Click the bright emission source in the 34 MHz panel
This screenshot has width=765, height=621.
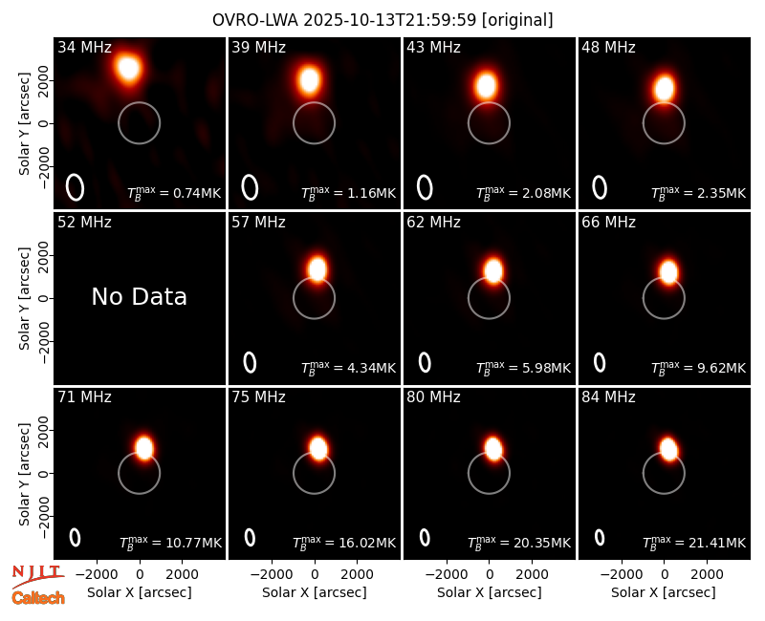pyautogui.click(x=129, y=68)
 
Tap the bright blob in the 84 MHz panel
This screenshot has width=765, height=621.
pyautogui.click(x=668, y=449)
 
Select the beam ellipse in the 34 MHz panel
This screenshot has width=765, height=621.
pyautogui.click(x=76, y=187)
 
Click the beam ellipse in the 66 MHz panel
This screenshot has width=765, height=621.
pyautogui.click(x=600, y=362)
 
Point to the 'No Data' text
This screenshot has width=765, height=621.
pyautogui.click(x=139, y=297)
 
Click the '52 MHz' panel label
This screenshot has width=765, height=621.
pyautogui.click(x=84, y=223)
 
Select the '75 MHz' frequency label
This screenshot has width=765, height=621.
pyautogui.click(x=258, y=397)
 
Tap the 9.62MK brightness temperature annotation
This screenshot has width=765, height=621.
pyautogui.click(x=698, y=367)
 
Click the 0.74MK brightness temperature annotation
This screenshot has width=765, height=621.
pyautogui.click(x=174, y=192)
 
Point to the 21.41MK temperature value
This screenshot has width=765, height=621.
pyautogui.click(x=694, y=542)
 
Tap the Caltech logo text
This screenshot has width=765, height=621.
pyautogui.click(x=38, y=598)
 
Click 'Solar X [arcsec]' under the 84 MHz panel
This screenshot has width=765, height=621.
pyautogui.click(x=664, y=592)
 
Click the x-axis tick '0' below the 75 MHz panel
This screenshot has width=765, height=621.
pyautogui.click(x=315, y=575)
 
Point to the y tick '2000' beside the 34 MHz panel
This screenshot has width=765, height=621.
pyautogui.click(x=43, y=80)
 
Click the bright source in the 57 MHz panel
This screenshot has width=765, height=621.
pyautogui.click(x=317, y=269)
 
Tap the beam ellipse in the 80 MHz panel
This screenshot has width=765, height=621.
pyautogui.click(x=425, y=538)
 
